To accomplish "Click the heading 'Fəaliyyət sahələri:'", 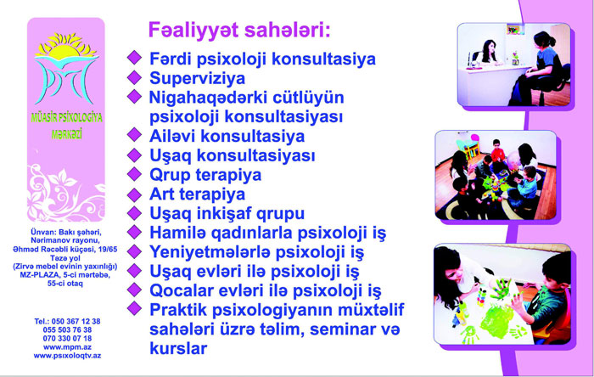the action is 239,30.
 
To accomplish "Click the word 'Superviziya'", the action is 198,78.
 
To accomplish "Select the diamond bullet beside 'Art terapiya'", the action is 134,194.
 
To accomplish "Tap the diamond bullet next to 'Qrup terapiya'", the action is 134,174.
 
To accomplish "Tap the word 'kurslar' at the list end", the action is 178,348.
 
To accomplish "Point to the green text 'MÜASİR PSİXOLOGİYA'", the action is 67,117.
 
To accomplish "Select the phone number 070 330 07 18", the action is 67,338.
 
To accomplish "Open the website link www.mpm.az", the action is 67,347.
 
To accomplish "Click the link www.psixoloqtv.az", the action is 67,356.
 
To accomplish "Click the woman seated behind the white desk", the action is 487,53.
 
